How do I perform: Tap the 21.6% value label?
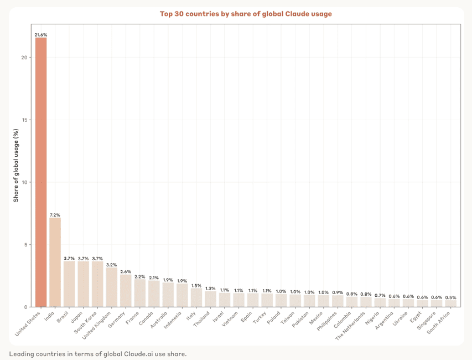pyautogui.click(x=41, y=34)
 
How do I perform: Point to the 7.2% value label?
pyautogui.click(x=55, y=214)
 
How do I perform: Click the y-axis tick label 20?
pyautogui.click(x=25, y=58)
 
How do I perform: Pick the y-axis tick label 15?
pyautogui.click(x=25, y=120)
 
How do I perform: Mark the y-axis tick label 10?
pyautogui.click(x=25, y=182)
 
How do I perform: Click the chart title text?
pyautogui.click(x=246, y=14)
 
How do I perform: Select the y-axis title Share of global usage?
pyautogui.click(x=16, y=164)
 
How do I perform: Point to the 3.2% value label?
pyautogui.click(x=112, y=265)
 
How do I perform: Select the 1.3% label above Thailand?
pyautogui.click(x=210, y=288)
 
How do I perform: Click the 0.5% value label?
pyautogui.click(x=451, y=298)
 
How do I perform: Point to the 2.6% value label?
pyautogui.click(x=126, y=272)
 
